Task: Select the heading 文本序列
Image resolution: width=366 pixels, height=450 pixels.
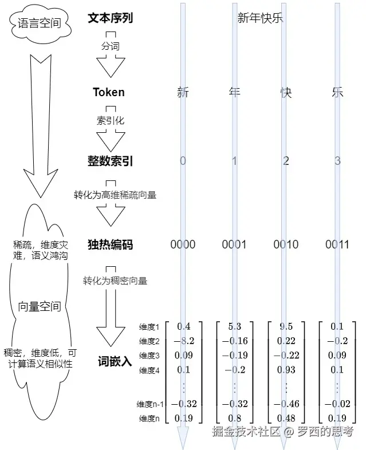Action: click(x=111, y=18)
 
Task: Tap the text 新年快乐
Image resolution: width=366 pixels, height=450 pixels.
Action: click(x=261, y=18)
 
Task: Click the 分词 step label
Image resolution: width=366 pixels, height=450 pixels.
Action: click(x=111, y=46)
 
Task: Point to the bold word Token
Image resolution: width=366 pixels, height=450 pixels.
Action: click(x=109, y=92)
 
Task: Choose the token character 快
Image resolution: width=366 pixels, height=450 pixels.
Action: click(x=286, y=92)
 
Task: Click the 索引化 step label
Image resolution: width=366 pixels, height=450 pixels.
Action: click(x=111, y=120)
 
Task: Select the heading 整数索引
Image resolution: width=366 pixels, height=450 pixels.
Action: click(x=111, y=161)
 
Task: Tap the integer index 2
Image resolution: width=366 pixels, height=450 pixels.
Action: click(x=286, y=161)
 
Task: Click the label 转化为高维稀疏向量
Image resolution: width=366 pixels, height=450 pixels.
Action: click(x=115, y=195)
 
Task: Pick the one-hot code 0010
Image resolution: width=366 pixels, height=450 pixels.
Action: click(x=286, y=244)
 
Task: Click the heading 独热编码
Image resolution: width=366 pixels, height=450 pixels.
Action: click(x=111, y=244)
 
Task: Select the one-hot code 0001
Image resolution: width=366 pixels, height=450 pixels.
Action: click(x=234, y=244)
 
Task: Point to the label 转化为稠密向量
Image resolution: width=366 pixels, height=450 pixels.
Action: click(x=115, y=281)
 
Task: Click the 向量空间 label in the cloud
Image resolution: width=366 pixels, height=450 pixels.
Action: click(x=40, y=306)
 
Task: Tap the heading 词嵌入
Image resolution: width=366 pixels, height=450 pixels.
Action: click(x=115, y=361)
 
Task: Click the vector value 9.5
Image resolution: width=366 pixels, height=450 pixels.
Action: click(x=286, y=327)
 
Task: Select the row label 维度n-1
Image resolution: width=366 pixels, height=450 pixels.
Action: click(x=152, y=404)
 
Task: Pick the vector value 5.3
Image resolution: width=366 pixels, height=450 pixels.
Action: click(x=234, y=327)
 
